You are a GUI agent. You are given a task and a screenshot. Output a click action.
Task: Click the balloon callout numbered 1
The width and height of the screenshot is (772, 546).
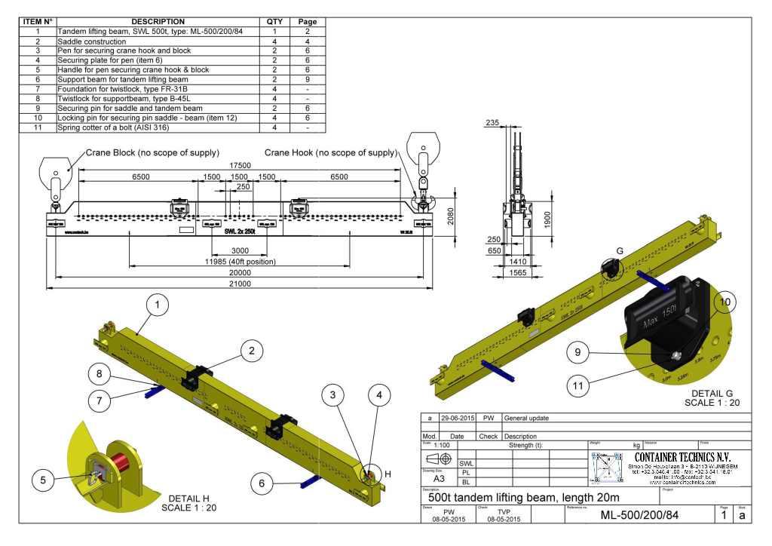coord(158,305)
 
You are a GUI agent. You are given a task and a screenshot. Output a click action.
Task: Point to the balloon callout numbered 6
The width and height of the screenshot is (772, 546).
coord(261,483)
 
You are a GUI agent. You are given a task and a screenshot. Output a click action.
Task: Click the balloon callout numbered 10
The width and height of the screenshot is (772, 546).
coord(725,302)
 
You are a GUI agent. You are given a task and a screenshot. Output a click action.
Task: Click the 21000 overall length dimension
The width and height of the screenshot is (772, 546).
coord(240,284)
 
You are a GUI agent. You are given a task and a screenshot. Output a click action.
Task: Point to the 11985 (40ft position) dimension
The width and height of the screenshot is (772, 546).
coord(240,262)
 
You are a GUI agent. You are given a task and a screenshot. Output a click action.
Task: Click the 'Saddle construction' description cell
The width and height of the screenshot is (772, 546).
coord(91,41)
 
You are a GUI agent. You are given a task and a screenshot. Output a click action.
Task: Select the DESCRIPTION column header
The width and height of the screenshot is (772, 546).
coord(158,22)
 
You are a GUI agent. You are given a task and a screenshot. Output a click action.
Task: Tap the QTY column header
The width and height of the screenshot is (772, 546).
coord(274,22)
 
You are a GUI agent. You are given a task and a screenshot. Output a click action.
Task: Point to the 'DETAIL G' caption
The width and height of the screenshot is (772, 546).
coord(712,394)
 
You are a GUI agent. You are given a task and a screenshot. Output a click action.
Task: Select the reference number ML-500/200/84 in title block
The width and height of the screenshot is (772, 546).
coord(639,516)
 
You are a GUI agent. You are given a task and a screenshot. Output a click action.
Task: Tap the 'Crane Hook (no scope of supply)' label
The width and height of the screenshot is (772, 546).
coord(330,153)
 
